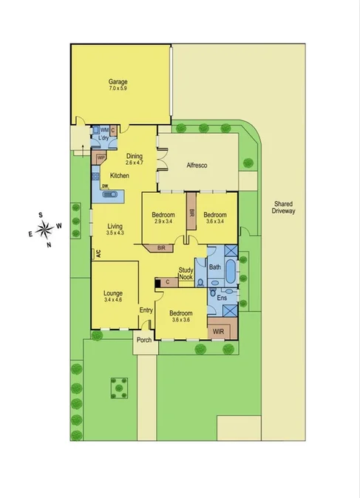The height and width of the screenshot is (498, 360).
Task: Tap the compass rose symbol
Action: coord(44,228)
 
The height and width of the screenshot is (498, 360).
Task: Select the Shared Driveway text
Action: coord(284,208)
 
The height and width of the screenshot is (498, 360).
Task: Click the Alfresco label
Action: coord(199,166)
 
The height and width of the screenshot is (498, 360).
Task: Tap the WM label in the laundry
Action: coord(104,129)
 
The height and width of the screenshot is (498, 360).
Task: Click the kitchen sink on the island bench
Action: coord(109,195)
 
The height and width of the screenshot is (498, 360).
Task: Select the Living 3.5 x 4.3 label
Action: coord(115,230)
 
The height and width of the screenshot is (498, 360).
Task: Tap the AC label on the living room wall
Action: coord(97,253)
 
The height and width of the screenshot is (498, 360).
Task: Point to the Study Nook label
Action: coord(186,273)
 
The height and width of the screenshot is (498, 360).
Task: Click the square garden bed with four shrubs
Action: coord(116,386)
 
